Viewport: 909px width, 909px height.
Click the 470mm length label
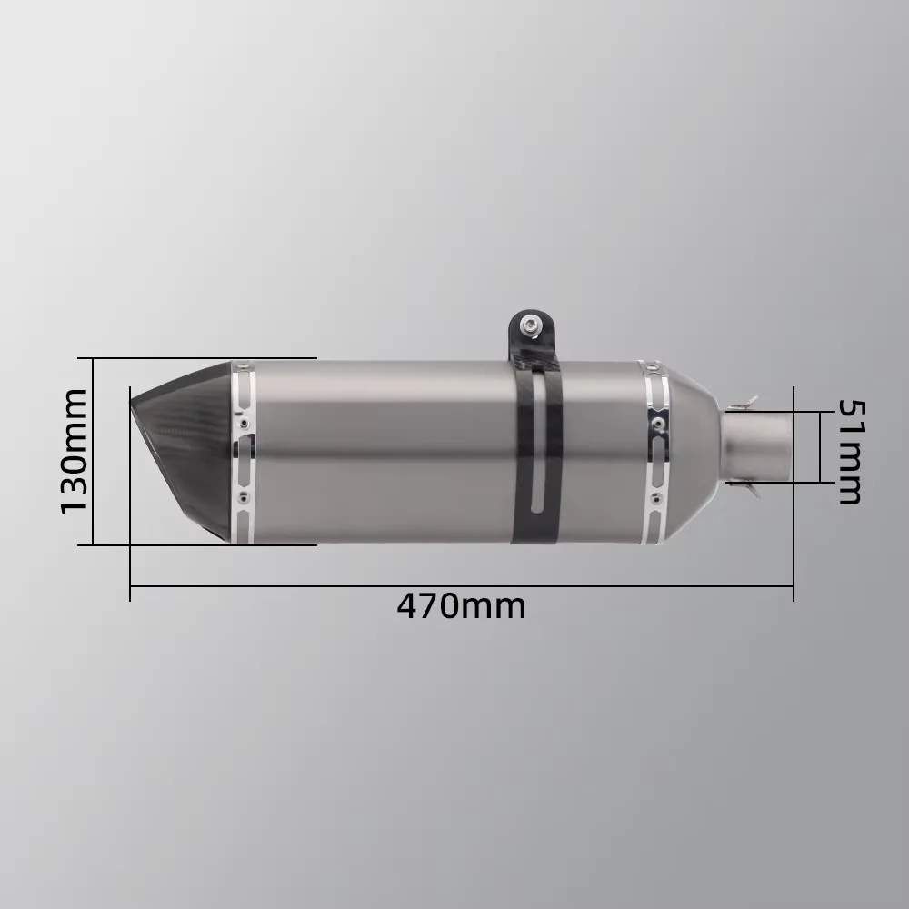[x=462, y=607]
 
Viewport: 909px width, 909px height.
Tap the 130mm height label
[x=75, y=452]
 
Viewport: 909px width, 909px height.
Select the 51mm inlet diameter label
[x=851, y=452]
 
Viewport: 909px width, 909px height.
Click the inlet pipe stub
[x=757, y=445]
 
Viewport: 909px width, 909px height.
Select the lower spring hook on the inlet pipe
[x=748, y=489]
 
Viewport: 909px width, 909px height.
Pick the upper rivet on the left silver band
[x=244, y=422]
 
